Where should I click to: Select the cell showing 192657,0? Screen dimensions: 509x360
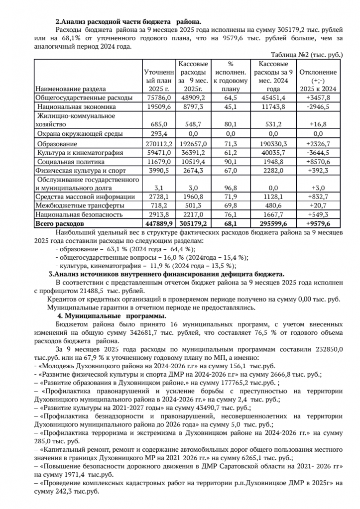(x=193, y=143)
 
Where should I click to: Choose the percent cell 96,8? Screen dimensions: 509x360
(x=231, y=187)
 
